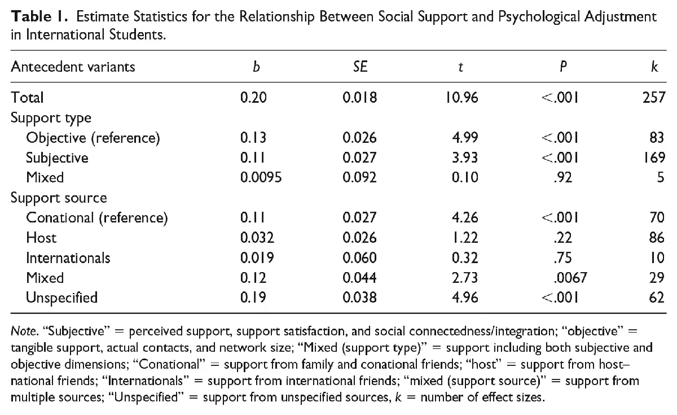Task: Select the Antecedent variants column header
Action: click(x=73, y=67)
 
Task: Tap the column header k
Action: click(x=654, y=67)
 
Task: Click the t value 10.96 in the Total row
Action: click(x=461, y=98)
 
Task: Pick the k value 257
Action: click(x=652, y=98)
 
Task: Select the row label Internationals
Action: click(x=68, y=258)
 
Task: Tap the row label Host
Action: click(x=41, y=238)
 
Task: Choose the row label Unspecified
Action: click(x=61, y=298)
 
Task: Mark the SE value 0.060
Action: click(x=359, y=258)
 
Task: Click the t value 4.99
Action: click(x=465, y=137)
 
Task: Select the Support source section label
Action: click(x=59, y=198)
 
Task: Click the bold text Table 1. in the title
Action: click(x=39, y=17)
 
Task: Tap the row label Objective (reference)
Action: click(x=93, y=137)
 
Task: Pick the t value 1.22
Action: click(x=465, y=238)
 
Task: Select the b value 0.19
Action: click(x=253, y=298)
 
